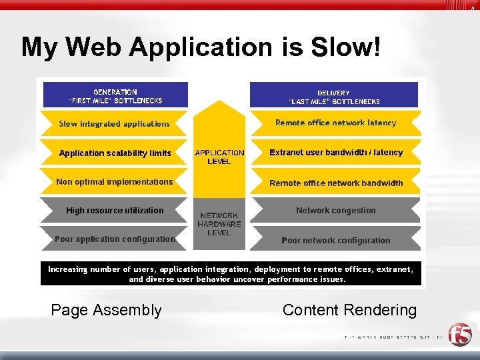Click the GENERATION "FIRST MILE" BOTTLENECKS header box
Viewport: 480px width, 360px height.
tap(115, 96)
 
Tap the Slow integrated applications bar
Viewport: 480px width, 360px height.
tap(114, 123)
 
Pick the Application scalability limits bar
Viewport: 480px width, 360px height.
tap(115, 153)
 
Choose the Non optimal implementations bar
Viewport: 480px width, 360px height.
tap(115, 181)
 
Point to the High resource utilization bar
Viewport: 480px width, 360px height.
tap(115, 210)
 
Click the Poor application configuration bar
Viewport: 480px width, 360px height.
tap(115, 239)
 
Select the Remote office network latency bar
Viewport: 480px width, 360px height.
tap(336, 123)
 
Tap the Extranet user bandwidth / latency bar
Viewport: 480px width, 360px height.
tap(336, 153)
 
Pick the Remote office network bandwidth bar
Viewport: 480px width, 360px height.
tap(336, 183)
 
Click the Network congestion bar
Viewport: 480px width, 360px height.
tap(336, 210)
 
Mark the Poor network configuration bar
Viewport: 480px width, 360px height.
tap(336, 240)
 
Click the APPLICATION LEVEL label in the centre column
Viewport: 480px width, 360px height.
tap(219, 157)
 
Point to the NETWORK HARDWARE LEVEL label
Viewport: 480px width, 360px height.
tap(219, 224)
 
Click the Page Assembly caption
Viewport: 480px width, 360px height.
tap(106, 310)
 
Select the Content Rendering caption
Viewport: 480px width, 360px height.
tap(349, 310)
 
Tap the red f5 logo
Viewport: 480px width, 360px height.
tap(459, 335)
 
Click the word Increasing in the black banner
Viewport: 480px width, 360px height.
tap(67, 269)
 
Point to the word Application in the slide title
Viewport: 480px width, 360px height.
tap(201, 47)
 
